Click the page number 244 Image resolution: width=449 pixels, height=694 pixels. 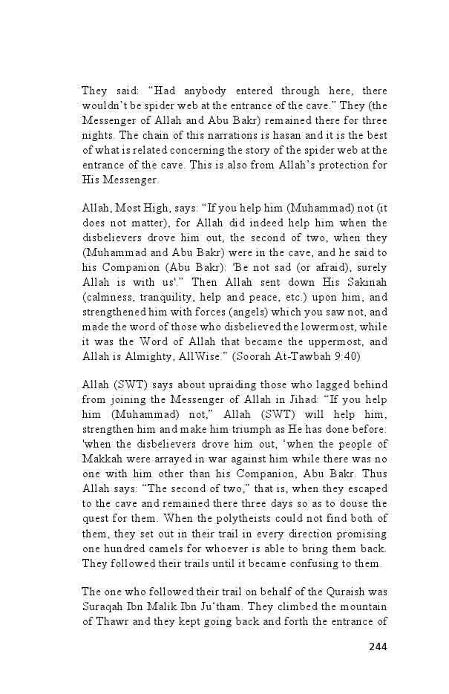click(x=378, y=646)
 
